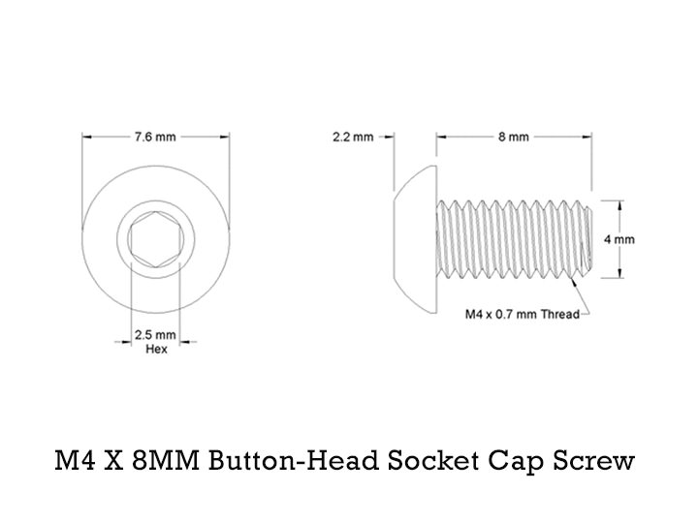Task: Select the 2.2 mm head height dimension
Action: [352, 137]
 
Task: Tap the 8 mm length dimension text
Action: [514, 137]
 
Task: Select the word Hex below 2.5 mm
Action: [155, 349]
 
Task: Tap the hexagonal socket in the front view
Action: [155, 239]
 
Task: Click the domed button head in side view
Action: [414, 239]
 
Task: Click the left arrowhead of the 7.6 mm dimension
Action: [85, 137]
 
